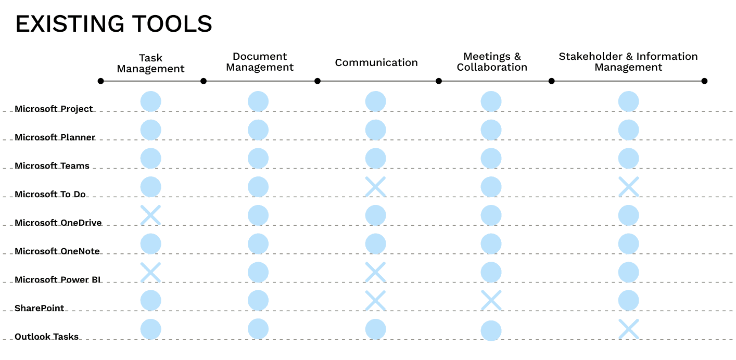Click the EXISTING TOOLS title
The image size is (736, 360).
113,24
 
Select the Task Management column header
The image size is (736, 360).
150,63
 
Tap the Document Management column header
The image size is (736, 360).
260,62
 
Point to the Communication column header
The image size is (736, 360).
376,62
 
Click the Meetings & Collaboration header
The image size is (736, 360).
492,62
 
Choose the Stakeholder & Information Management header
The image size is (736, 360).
628,62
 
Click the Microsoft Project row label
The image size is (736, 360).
54,109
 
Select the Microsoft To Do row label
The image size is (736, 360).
50,194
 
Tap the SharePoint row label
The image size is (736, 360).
39,308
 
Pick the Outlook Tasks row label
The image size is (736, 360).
46,337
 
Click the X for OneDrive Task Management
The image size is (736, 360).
150,215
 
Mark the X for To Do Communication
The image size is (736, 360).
376,187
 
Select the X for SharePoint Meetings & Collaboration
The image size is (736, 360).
491,300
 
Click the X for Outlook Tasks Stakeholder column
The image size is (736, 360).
629,329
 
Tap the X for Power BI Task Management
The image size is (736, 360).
150,272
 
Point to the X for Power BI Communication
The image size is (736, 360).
376,272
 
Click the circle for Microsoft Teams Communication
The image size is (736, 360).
376,158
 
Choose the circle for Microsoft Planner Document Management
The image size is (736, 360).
258,130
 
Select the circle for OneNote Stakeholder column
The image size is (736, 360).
629,243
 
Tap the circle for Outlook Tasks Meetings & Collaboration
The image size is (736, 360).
491,331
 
